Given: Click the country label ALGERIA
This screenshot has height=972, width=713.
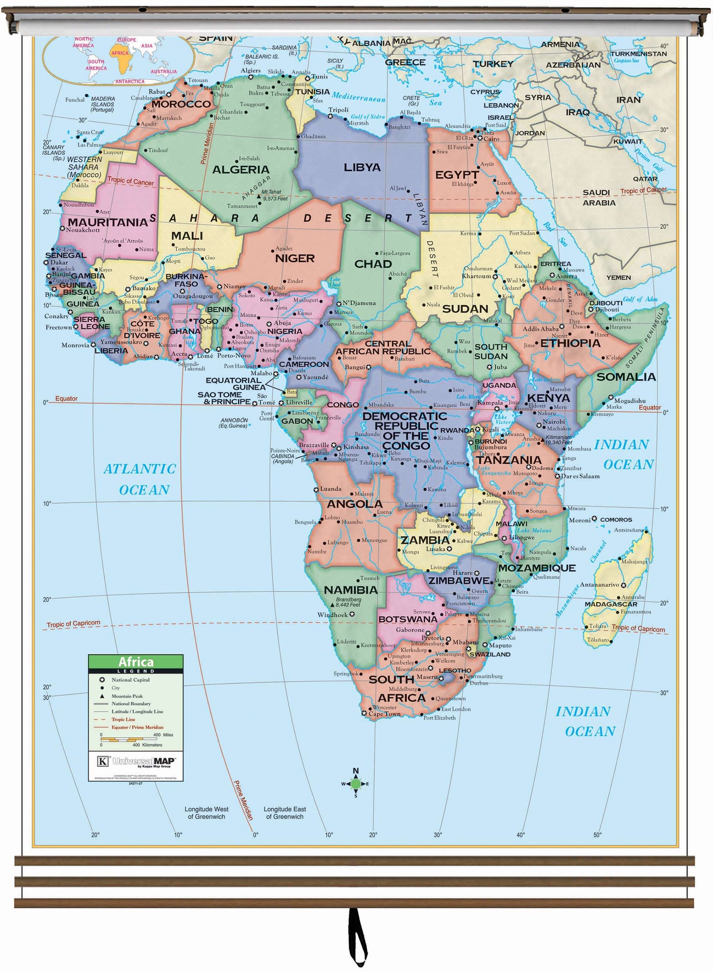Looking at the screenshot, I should tap(240, 170).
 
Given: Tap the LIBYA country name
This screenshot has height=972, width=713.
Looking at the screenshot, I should tap(362, 167).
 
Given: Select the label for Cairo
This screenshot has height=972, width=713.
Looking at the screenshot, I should tap(491, 139).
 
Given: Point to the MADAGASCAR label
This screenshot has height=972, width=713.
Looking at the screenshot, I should tap(610, 604).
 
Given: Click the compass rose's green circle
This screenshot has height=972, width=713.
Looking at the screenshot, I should tap(355, 783).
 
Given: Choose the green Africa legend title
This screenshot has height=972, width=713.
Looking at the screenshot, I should tap(136, 661).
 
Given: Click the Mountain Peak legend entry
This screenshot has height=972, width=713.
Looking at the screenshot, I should tap(127, 696).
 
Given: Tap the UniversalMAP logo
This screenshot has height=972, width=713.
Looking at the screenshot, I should tap(136, 762).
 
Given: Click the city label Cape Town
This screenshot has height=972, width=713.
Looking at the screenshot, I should tap(384, 714).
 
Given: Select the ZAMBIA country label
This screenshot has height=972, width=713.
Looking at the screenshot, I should tap(425, 540).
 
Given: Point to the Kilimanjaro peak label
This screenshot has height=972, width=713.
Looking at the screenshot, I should tap(559, 440).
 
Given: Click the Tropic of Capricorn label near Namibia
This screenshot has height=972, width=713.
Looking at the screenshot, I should tap(73, 624).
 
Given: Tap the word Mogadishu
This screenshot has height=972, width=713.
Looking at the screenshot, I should tap(630, 401).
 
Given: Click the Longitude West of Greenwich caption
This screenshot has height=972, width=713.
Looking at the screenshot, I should tap(206, 813).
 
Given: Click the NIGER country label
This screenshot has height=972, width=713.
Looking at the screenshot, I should tap(294, 258).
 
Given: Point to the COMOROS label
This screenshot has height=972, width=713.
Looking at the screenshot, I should tap(616, 519).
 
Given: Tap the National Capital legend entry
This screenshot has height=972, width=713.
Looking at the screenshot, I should tap(130, 680).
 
